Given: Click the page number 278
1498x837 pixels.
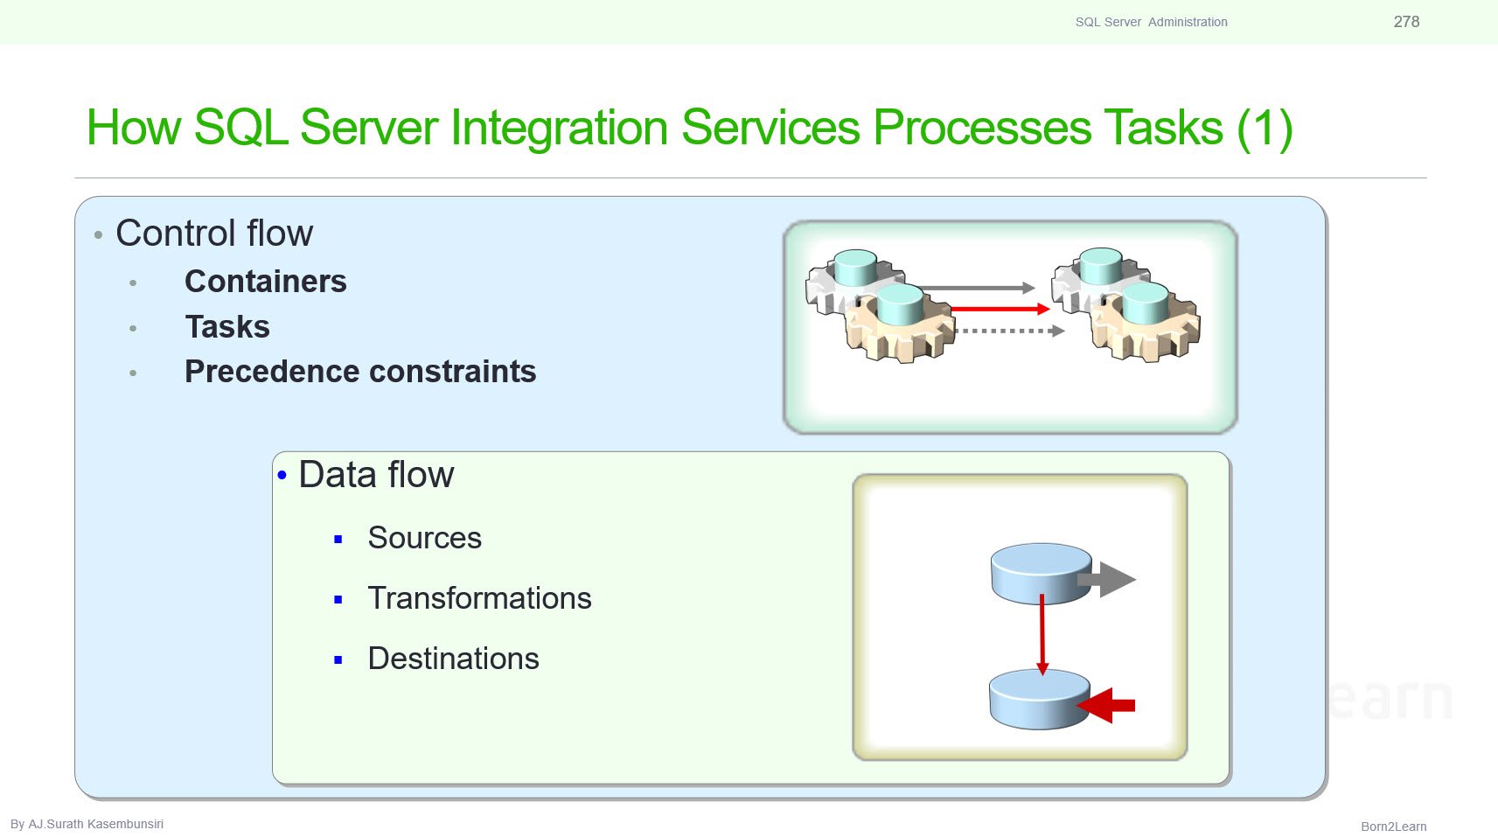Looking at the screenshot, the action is pyautogui.click(x=1406, y=21).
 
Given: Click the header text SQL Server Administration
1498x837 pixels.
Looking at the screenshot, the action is pyautogui.click(x=1151, y=22).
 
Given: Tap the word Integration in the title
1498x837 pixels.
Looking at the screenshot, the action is pyautogui.click(x=559, y=127).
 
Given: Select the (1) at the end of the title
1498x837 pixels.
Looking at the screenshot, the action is pyautogui.click(x=1265, y=127).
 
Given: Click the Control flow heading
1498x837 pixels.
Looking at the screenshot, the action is pyautogui.click(x=214, y=233).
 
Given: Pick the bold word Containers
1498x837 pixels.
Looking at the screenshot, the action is pyautogui.click(x=266, y=281).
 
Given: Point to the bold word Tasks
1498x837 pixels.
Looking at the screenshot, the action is pyautogui.click(x=227, y=326).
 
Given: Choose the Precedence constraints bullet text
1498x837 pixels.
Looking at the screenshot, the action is pyautogui.click(x=360, y=372).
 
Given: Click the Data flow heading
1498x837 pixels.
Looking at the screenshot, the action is pyautogui.click(x=376, y=474).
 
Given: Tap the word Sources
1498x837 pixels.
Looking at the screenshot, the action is pyautogui.click(x=425, y=538).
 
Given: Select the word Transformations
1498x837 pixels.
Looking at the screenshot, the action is pyautogui.click(x=479, y=598).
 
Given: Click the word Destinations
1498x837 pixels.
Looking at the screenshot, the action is pyautogui.click(x=453, y=659).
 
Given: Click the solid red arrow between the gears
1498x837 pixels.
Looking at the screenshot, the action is pyautogui.click(x=1000, y=309).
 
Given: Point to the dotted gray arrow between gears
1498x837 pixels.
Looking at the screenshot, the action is pyautogui.click(x=1010, y=331).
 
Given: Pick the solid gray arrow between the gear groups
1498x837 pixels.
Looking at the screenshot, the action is pyautogui.click(x=979, y=288).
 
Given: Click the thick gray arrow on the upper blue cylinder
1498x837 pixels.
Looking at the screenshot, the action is pyautogui.click(x=1107, y=579).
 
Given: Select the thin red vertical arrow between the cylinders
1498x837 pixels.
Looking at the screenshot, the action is pyautogui.click(x=1042, y=634).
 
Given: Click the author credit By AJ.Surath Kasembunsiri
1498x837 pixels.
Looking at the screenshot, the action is pyautogui.click(x=87, y=824).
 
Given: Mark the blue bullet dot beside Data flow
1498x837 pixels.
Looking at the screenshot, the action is pyautogui.click(x=282, y=475).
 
